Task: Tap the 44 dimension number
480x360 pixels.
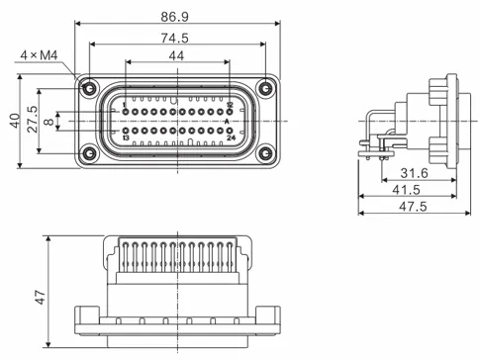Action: pos(176,58)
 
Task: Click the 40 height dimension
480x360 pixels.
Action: pos(13,121)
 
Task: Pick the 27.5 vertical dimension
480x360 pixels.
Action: pos(32,118)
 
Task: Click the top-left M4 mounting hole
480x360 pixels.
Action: pos(90,88)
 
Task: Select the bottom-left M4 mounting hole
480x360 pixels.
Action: pos(90,153)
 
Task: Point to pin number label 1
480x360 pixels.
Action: pos(125,105)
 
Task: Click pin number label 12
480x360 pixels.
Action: pos(230,105)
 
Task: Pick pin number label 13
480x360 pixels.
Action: pos(125,137)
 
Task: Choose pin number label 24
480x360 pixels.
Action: pos(230,137)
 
